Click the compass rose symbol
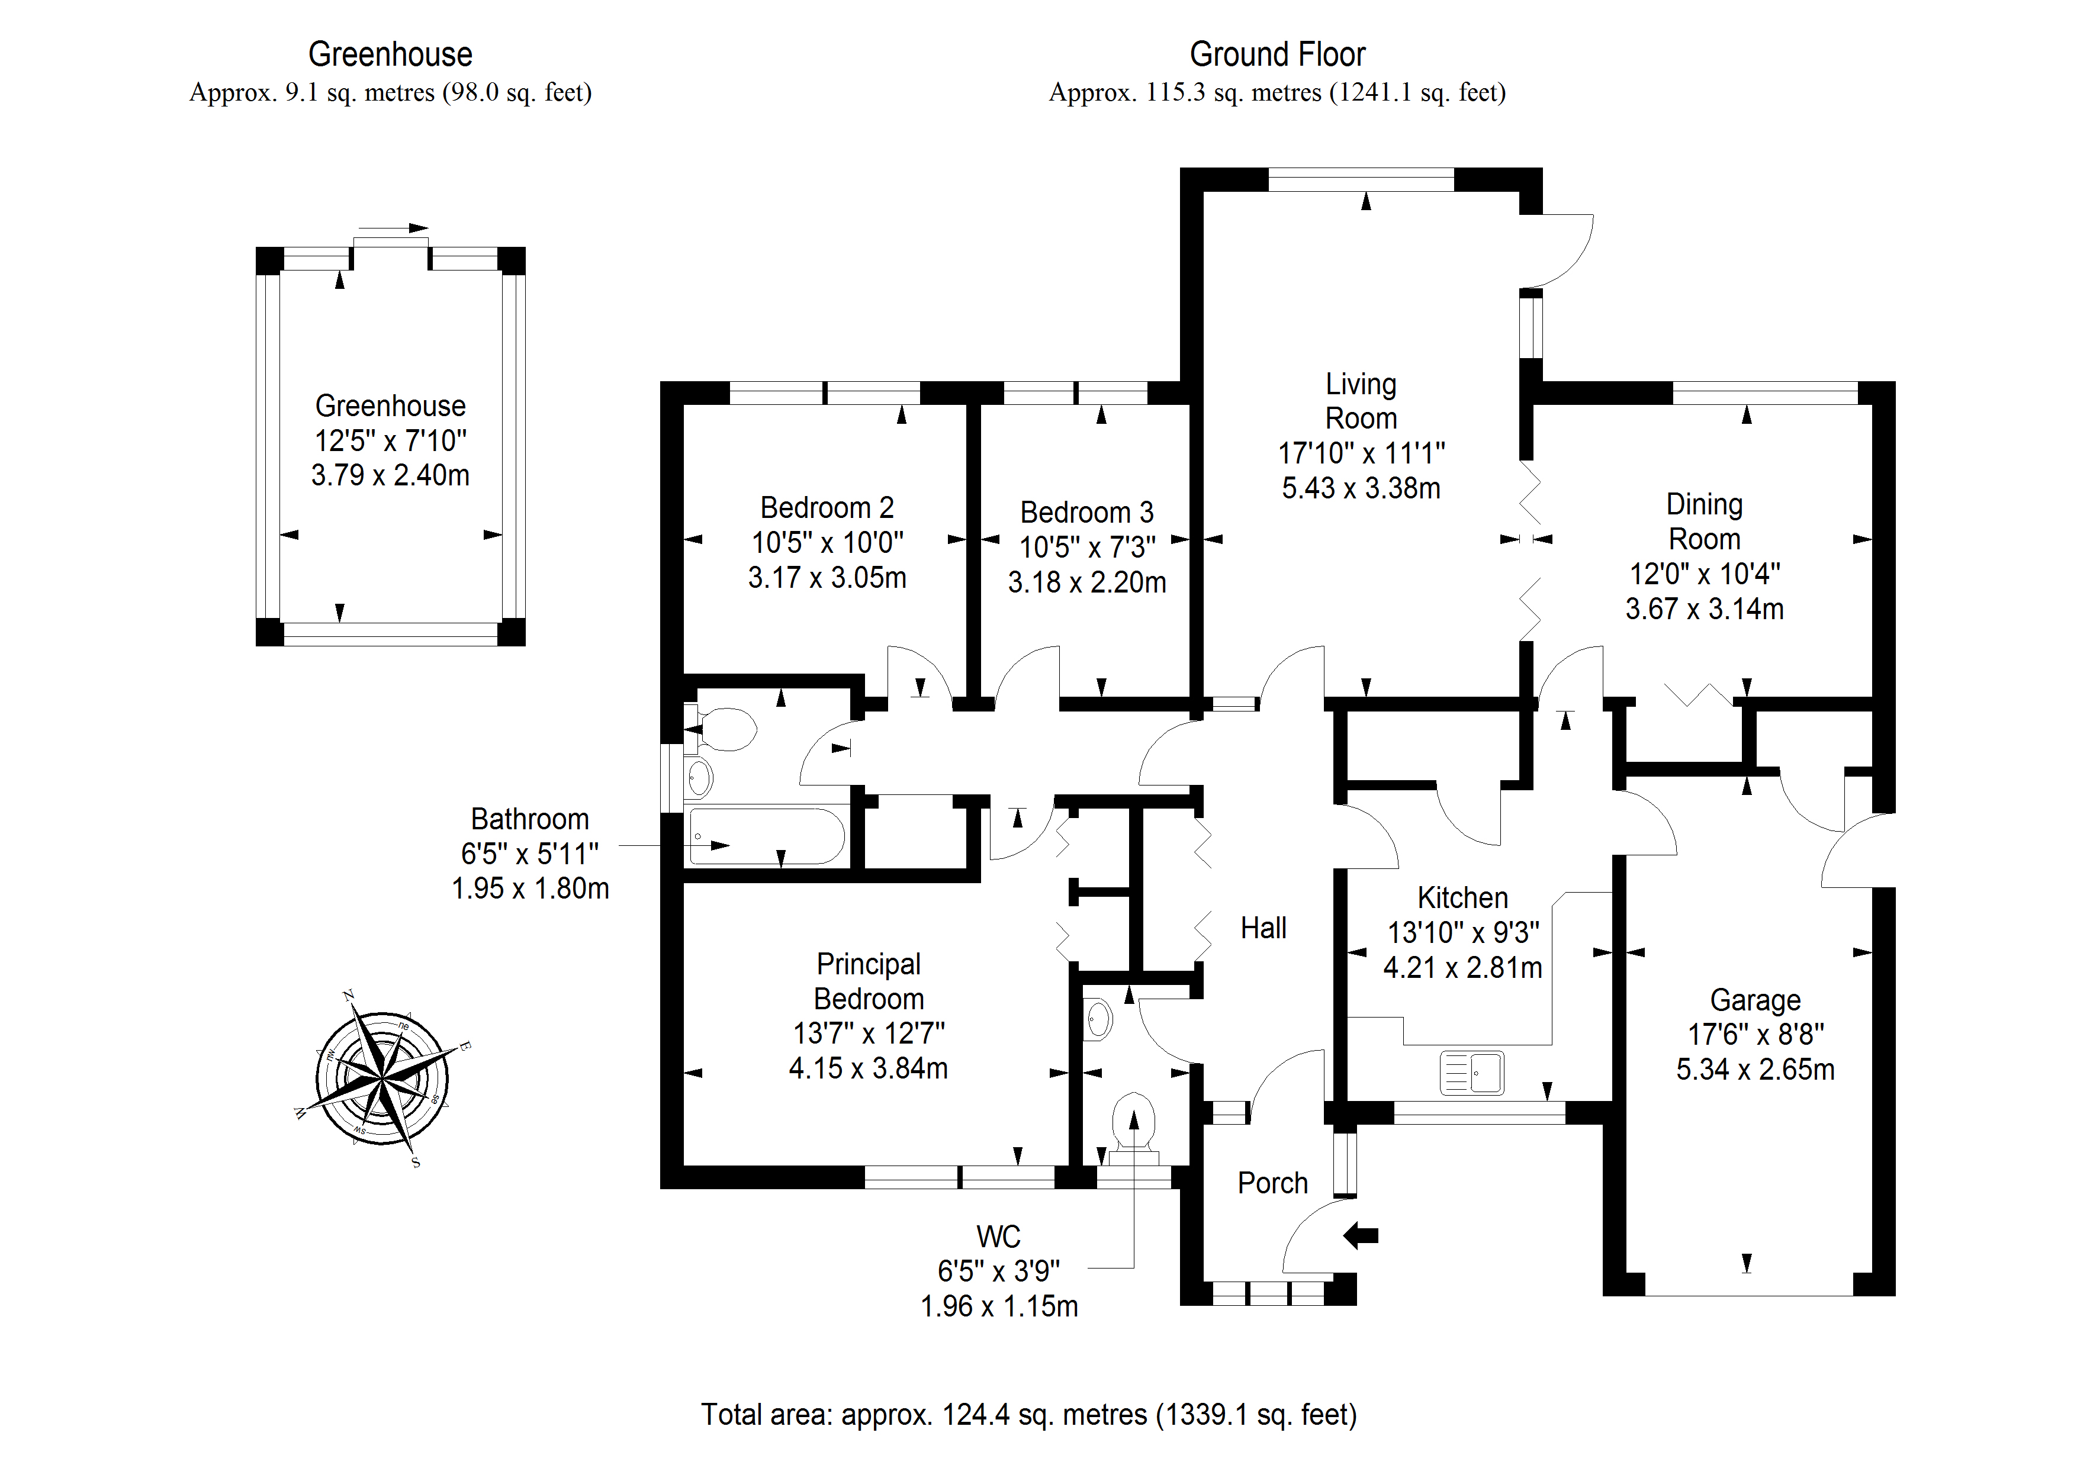(x=382, y=1078)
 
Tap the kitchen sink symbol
(x=1472, y=1073)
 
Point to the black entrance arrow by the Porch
(x=1361, y=1235)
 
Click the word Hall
(x=1263, y=928)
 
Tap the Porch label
(x=1272, y=1183)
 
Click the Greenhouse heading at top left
(x=390, y=54)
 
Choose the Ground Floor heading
(x=1277, y=54)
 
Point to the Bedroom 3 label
(x=1086, y=513)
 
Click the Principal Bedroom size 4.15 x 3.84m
(x=867, y=1069)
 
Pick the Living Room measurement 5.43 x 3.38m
(x=1361, y=488)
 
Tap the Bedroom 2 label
(x=827, y=507)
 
